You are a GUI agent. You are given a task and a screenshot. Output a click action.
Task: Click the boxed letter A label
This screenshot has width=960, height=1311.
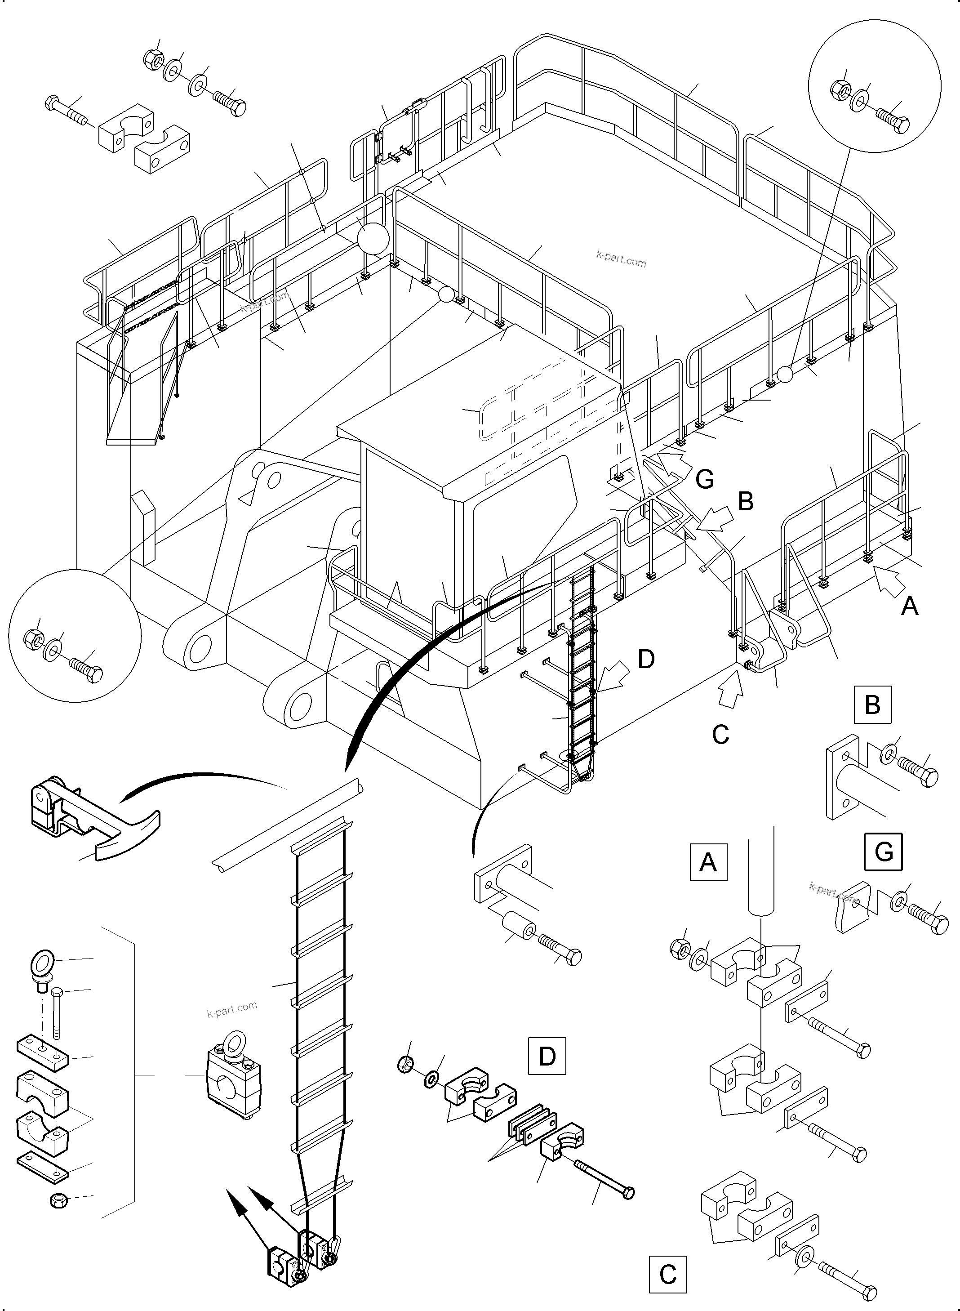(x=708, y=861)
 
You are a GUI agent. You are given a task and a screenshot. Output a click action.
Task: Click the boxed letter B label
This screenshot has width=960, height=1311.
(x=872, y=705)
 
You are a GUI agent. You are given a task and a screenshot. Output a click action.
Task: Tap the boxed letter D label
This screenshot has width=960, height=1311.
(x=547, y=1056)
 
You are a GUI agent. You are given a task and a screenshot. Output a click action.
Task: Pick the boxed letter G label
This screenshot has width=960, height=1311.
(x=883, y=852)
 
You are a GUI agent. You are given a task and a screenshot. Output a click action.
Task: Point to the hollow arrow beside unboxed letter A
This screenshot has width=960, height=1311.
(x=887, y=581)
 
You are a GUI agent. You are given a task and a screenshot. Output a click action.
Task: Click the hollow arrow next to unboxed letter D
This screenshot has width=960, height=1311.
(x=613, y=676)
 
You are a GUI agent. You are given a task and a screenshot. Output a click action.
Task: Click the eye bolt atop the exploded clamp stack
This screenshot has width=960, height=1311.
(x=42, y=965)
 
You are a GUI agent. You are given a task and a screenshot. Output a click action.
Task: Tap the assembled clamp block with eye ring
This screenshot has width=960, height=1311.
(x=234, y=1083)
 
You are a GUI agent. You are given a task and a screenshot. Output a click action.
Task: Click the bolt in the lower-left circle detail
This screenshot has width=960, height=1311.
(x=86, y=669)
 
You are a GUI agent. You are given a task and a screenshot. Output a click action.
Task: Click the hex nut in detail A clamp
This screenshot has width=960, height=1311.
(x=679, y=950)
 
